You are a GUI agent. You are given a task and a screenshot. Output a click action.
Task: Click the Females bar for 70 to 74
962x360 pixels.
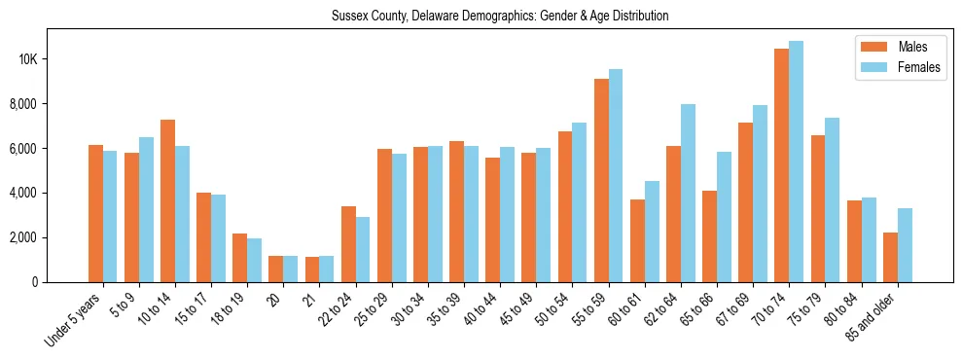click(x=796, y=162)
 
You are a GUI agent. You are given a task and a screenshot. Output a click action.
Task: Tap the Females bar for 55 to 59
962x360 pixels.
click(x=616, y=175)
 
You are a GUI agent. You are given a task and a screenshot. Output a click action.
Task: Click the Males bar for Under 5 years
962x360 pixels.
click(x=95, y=213)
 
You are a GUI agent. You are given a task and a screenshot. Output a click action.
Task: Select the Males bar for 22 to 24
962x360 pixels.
click(x=348, y=244)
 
